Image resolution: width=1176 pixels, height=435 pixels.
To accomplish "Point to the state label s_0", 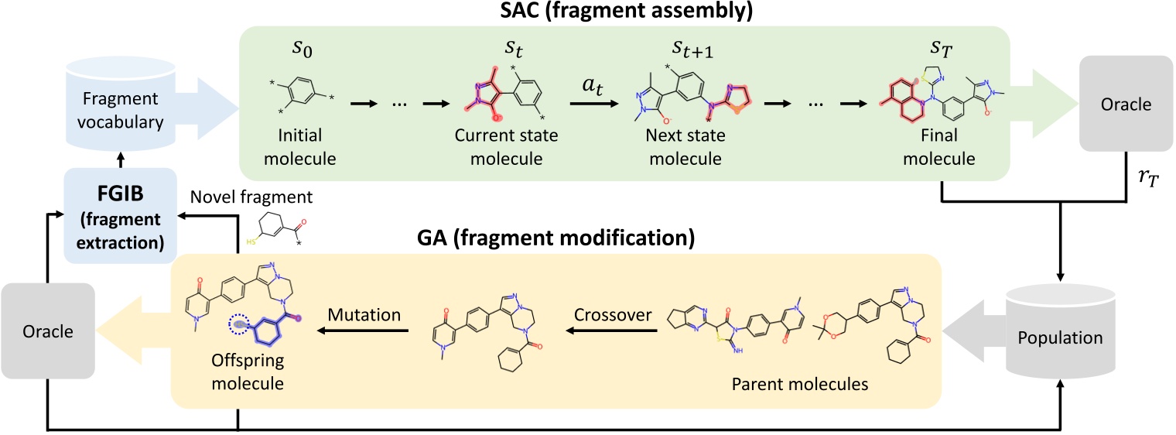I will point(303,56).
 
